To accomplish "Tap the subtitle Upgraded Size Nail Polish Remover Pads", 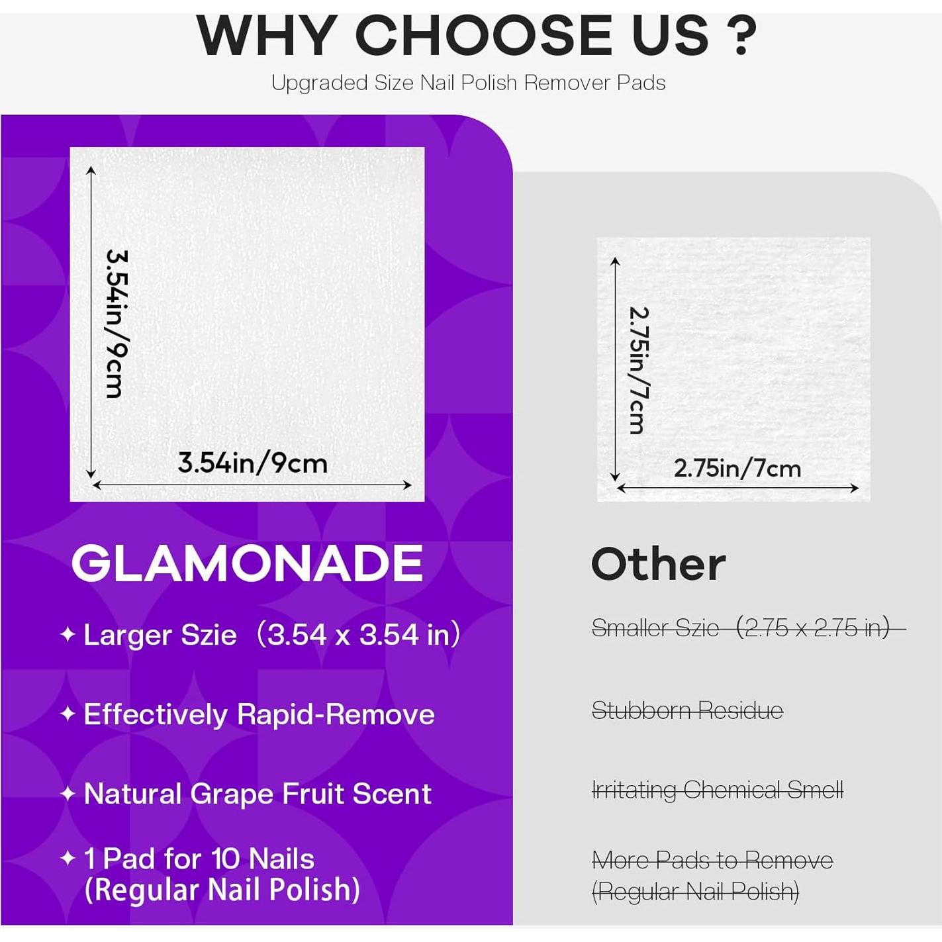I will click(468, 83).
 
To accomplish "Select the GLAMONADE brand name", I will click(247, 563).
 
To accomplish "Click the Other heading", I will click(658, 565).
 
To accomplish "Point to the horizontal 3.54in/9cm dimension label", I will click(252, 463).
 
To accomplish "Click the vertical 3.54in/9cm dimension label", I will click(116, 323).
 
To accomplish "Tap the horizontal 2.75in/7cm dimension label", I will click(737, 469).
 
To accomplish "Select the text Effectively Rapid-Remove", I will click(259, 714).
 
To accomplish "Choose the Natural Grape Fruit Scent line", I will click(258, 794).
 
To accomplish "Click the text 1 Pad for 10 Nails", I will click(199, 859).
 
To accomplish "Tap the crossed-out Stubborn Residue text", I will click(687, 711).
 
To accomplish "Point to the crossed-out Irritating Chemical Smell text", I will click(717, 790).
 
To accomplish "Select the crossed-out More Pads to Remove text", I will click(712, 861).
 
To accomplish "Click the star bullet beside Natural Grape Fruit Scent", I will click(68, 793).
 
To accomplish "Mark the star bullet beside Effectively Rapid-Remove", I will click(68, 714).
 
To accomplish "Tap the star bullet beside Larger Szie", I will click(68, 634).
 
